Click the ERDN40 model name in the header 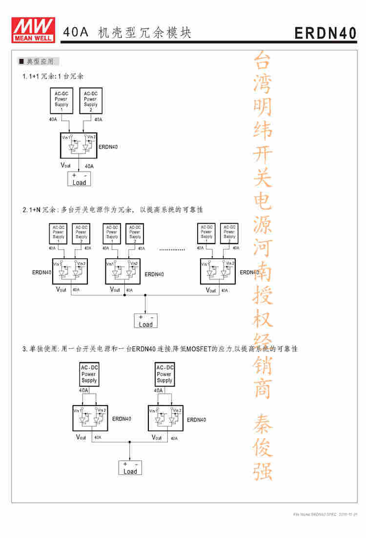coord(325,33)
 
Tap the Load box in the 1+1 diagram coord(79,179)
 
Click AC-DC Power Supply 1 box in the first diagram coord(61,101)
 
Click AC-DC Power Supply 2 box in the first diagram coord(90,101)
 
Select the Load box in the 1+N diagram coord(146,321)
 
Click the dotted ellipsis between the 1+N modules coord(172,249)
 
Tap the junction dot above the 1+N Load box coord(145,295)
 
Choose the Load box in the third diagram coord(130,468)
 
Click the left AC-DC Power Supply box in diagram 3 coord(89,374)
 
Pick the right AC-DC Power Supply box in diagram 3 coord(164,374)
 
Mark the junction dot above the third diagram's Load coord(130,442)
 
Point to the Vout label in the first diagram coord(66,165)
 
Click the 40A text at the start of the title coord(76,33)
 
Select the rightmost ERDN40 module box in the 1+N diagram coord(218,271)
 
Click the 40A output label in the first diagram coord(89,166)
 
